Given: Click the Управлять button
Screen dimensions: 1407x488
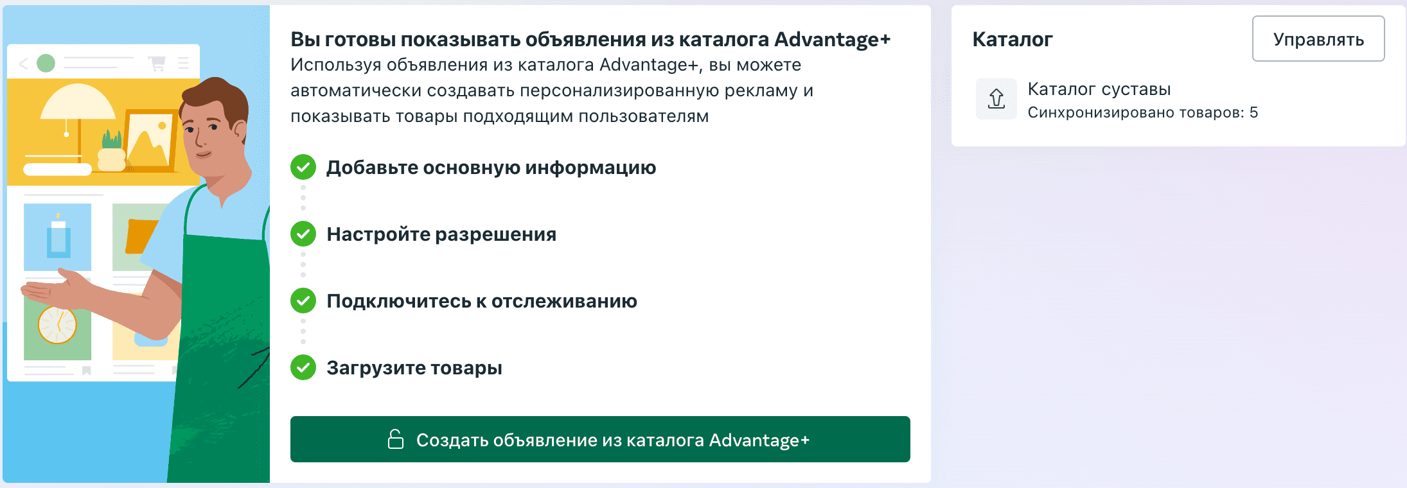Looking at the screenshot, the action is pos(1318,39).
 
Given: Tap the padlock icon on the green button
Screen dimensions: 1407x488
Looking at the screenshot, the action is pos(396,439).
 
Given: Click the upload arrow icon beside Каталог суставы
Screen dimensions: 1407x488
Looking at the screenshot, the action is pos(996,99).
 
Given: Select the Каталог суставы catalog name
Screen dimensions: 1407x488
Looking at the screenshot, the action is pos(1099,89).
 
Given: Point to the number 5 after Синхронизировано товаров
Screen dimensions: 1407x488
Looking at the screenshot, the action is pos(1253,112).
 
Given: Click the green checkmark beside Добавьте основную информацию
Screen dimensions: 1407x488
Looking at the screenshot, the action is pos(303,168).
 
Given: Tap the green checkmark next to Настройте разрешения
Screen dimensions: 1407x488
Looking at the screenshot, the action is pos(303,234).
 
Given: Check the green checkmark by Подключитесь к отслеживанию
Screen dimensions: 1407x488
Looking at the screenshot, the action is pos(303,301).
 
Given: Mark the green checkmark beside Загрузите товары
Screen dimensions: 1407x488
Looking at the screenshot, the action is pos(303,367).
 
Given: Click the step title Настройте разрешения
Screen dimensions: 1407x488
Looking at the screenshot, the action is pos(441,234).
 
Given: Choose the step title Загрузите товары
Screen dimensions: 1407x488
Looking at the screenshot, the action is pos(414,368).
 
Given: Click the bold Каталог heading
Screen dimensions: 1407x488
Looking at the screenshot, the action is pos(1013,39).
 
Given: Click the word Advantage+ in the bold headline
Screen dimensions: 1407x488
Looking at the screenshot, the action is pos(832,39).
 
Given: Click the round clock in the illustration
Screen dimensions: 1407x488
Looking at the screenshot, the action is pos(57,325).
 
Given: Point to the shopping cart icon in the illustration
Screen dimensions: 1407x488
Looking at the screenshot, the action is pos(157,63).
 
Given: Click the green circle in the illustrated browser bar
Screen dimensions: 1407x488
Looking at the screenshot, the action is pos(46,63).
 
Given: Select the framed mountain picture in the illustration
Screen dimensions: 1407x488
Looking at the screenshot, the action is pos(150,141).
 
